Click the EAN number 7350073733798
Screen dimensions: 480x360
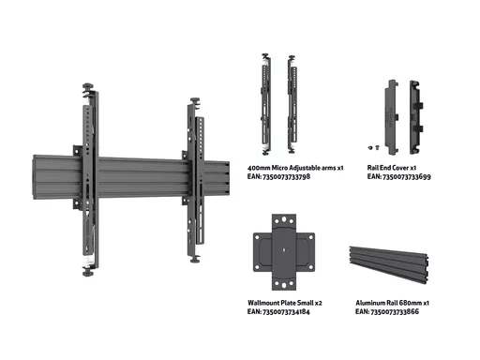point(287,177)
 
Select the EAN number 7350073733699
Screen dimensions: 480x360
point(407,177)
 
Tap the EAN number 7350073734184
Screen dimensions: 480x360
point(286,312)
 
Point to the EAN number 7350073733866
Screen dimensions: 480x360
point(395,312)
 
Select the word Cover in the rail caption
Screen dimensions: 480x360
point(400,168)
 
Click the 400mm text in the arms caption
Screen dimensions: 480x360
point(259,168)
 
